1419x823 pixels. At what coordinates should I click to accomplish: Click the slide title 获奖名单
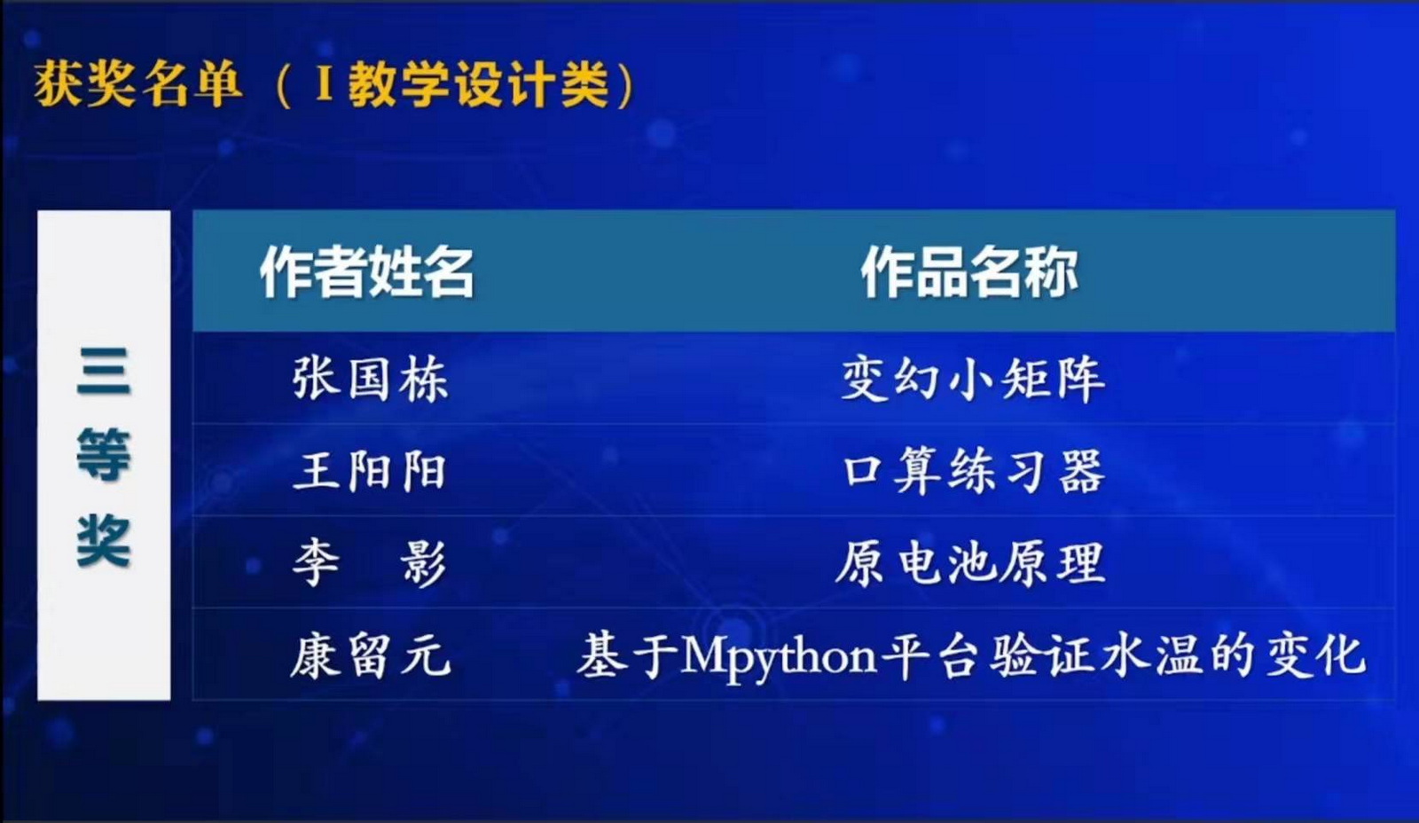coord(138,83)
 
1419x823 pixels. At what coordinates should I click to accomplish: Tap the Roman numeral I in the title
coord(324,85)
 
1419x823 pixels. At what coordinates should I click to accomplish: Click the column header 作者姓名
coord(367,271)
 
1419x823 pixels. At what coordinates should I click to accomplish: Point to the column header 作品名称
coord(969,271)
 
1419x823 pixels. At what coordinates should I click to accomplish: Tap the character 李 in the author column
coord(316,562)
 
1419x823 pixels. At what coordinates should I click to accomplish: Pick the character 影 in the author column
coord(424,562)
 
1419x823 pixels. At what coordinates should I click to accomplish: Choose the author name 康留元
coord(371,655)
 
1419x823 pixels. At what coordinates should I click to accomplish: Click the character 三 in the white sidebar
coord(104,371)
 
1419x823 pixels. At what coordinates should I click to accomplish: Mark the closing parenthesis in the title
coord(624,85)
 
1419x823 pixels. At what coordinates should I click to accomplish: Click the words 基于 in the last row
coord(627,655)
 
